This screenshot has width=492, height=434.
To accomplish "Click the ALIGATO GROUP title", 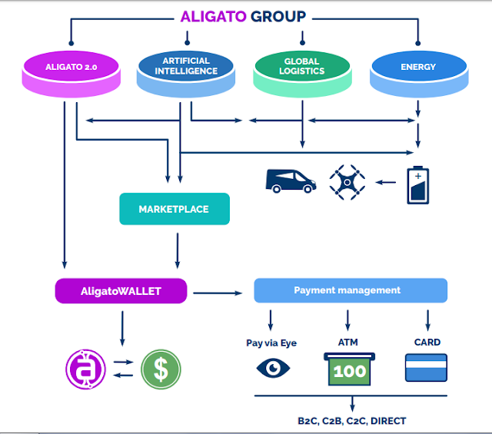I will coord(243,15).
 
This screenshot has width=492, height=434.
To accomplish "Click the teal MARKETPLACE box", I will coord(175,209).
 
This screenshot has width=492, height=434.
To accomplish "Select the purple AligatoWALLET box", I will coord(121,290).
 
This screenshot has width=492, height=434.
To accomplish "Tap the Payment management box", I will coord(351,290).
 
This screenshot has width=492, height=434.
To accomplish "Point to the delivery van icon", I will coord(291,181).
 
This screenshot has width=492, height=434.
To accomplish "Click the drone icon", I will coord(347,182).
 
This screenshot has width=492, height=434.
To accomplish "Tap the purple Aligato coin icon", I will coord(85,369).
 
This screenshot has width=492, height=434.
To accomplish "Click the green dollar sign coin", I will coord(161,369).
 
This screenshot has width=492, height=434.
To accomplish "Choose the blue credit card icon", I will coord(426,367).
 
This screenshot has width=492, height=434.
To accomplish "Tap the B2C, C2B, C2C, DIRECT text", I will coord(351,420).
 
